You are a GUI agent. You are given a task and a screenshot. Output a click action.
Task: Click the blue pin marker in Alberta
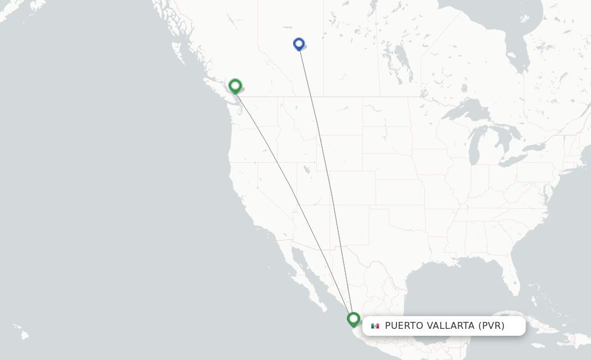point(299,44)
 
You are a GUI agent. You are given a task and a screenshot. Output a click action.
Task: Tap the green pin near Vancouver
point(235,86)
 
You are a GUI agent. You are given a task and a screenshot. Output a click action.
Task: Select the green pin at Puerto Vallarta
point(353,318)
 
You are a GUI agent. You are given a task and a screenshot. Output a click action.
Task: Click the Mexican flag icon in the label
point(375,326)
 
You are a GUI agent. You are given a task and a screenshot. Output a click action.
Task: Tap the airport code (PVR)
point(491,326)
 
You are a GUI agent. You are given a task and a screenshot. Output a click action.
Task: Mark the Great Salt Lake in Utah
point(305,169)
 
